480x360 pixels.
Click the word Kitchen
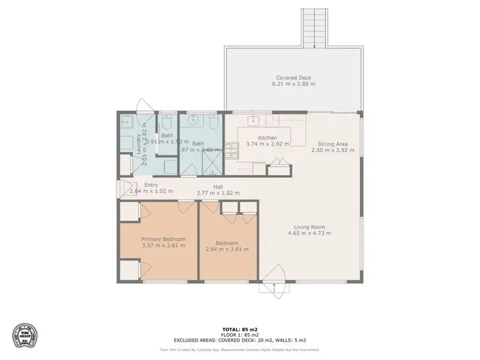click(x=267, y=137)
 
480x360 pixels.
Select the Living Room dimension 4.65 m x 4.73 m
click(x=310, y=233)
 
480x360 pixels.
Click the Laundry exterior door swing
click(x=146, y=105)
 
